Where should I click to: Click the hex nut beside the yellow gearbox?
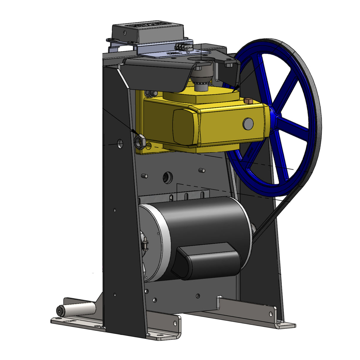pyautogui.click(x=139, y=141)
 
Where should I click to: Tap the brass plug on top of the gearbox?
pyautogui.click(x=249, y=101)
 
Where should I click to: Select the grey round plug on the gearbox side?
pyautogui.click(x=248, y=124)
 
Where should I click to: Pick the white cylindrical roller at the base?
pyautogui.click(x=77, y=310)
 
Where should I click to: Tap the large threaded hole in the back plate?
pyautogui.click(x=168, y=177)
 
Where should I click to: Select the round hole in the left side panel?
pyautogui.click(x=120, y=144)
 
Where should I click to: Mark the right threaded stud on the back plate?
pyautogui.click(x=202, y=171)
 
